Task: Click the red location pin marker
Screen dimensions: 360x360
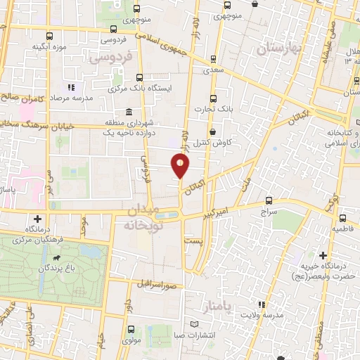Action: click(181, 166)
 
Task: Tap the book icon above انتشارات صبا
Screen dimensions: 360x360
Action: click(196, 324)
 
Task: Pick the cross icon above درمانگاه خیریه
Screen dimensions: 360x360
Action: click(323, 255)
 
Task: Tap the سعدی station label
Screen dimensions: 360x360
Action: click(214, 70)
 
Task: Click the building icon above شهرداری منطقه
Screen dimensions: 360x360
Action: click(128, 112)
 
